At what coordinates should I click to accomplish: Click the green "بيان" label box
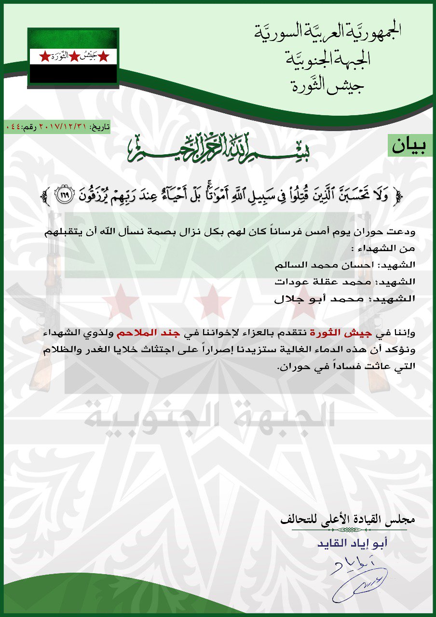tap(410, 146)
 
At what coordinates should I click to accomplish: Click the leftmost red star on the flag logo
tap(44, 57)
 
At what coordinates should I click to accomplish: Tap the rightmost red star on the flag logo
tap(103, 57)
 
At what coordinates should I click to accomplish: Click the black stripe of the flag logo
tap(73, 74)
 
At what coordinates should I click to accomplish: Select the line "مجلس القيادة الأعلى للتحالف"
tap(348, 521)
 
